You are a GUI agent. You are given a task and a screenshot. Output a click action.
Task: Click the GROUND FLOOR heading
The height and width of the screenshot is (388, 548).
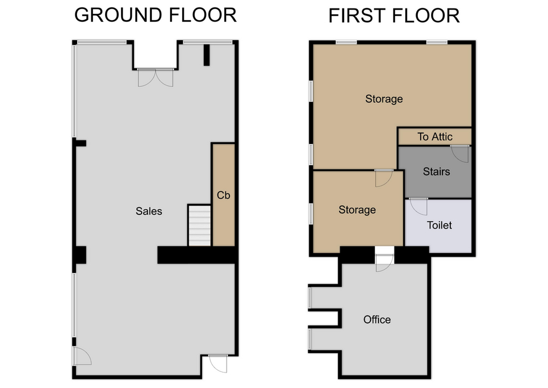click(x=155, y=15)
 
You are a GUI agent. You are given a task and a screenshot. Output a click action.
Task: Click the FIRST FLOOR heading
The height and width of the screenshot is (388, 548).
click(x=394, y=16)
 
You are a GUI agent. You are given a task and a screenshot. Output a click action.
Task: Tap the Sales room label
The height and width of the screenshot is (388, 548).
click(x=149, y=211)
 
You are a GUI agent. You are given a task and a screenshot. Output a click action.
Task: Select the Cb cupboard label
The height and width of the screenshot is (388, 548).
click(x=223, y=195)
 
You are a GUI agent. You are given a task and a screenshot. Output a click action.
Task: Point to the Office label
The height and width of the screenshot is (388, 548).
click(x=377, y=319)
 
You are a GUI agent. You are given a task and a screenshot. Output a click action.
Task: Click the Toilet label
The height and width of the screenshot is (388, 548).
click(x=440, y=225)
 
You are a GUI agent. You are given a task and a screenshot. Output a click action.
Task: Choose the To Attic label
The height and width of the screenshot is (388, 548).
click(x=435, y=137)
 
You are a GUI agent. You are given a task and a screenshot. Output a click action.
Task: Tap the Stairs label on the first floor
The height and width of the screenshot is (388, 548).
click(x=436, y=171)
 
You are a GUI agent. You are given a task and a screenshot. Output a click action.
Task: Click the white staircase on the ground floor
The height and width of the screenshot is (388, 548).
click(x=200, y=225)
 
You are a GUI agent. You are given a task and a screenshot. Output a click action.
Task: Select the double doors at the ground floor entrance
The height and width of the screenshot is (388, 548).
click(x=155, y=78)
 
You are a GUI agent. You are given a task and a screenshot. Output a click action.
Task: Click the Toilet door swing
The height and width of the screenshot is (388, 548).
click(x=418, y=206)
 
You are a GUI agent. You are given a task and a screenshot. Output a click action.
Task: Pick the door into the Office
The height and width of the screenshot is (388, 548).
click(x=384, y=262)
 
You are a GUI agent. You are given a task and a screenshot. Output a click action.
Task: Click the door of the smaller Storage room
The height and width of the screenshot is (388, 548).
click(x=384, y=178)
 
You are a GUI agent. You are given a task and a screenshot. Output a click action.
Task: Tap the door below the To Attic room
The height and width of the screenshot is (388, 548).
click(x=460, y=154)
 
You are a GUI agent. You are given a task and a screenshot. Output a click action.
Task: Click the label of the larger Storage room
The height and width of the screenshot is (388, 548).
click(x=384, y=99)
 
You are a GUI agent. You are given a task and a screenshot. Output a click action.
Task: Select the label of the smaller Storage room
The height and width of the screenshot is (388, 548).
click(x=357, y=210)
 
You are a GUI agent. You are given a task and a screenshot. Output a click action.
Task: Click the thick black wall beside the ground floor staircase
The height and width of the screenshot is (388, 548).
click(x=196, y=255)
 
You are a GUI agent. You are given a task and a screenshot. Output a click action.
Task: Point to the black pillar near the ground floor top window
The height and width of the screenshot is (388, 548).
click(x=207, y=55)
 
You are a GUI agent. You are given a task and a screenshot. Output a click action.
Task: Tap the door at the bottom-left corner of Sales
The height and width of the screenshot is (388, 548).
click(x=82, y=356)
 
